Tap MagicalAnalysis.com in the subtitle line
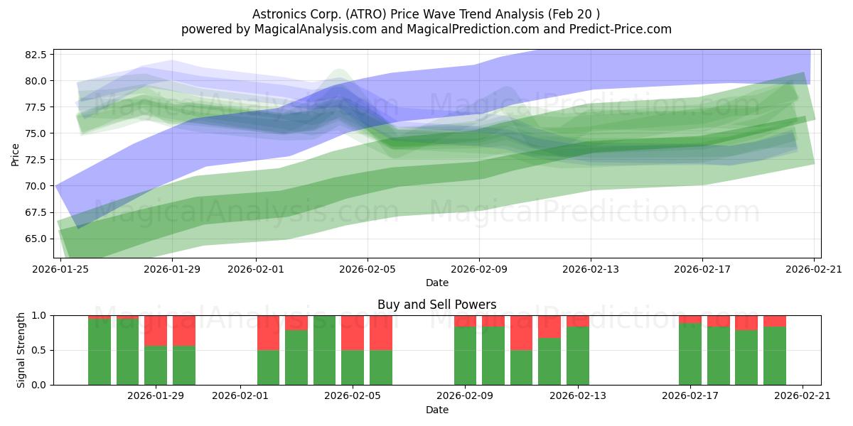pyautogui.click(x=316, y=29)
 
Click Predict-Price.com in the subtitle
pyautogui.click(x=621, y=29)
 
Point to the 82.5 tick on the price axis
pyautogui.click(x=36, y=55)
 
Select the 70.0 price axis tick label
pyautogui.click(x=36, y=186)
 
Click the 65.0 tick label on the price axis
pyautogui.click(x=36, y=239)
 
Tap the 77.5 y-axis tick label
pyautogui.click(x=36, y=107)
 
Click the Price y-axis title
pyautogui.click(x=15, y=155)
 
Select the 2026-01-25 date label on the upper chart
pyautogui.click(x=60, y=269)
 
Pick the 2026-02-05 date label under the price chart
pyautogui.click(x=368, y=269)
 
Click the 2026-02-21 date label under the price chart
pyautogui.click(x=814, y=269)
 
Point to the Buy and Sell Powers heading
pyautogui.click(x=436, y=305)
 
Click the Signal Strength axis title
pyautogui.click(x=21, y=350)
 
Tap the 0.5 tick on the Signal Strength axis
pyautogui.click(x=39, y=350)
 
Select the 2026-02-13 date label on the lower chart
pyautogui.click(x=578, y=395)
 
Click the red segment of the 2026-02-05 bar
pyautogui.click(x=353, y=333)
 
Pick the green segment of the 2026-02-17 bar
pyautogui.click(x=690, y=354)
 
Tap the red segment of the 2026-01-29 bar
pyautogui.click(x=156, y=331)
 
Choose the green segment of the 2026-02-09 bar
pyautogui.click(x=466, y=356)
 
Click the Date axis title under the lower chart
pyautogui.click(x=436, y=410)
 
